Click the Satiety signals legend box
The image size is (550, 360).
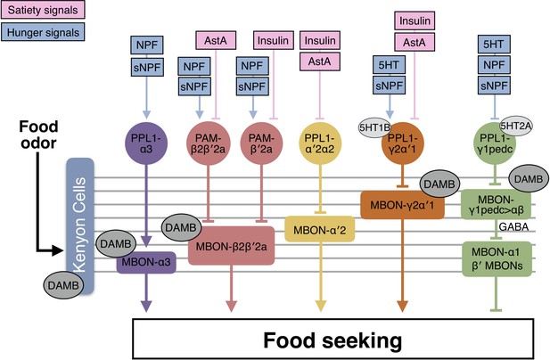(43, 10)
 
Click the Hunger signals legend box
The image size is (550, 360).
(43, 32)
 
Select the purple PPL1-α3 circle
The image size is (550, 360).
(146, 143)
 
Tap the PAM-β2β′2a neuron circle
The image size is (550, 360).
(209, 143)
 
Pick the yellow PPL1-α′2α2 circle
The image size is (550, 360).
(320, 143)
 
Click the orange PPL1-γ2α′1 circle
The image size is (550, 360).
(403, 143)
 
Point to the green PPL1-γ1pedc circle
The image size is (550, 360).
(495, 143)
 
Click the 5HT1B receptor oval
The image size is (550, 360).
(374, 127)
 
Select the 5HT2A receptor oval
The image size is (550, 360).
(515, 126)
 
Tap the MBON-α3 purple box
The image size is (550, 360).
(146, 262)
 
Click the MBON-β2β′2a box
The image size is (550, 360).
(232, 246)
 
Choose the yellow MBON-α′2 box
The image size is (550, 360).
(319, 229)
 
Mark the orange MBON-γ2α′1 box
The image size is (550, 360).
(402, 205)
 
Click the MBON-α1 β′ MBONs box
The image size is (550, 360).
(497, 258)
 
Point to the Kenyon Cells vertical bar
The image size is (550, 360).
(80, 225)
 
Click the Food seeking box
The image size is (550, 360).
(332, 340)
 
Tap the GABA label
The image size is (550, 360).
(513, 227)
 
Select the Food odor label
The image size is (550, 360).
(38, 135)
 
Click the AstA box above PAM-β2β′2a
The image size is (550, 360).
(216, 40)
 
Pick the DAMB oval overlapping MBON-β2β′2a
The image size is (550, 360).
(181, 228)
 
